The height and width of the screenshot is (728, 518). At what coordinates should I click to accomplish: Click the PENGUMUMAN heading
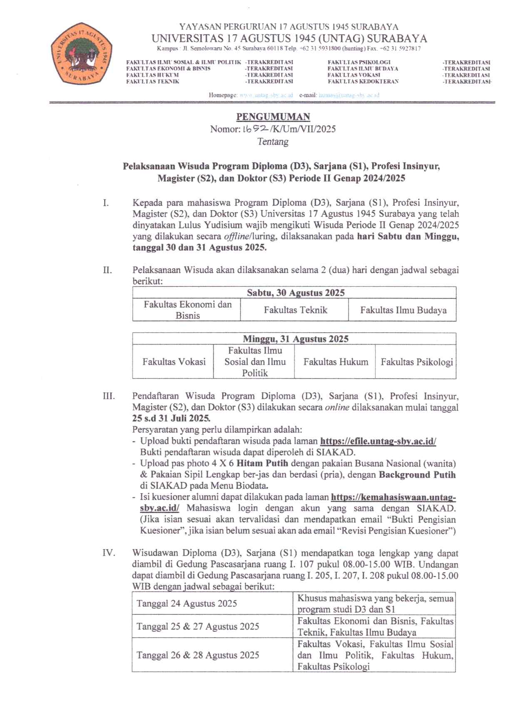pos(273,117)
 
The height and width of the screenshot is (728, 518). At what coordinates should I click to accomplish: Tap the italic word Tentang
pos(273,142)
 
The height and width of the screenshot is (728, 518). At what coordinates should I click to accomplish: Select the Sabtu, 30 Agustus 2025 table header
pos(295,293)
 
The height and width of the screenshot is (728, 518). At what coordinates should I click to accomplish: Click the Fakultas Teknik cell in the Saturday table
pos(295,310)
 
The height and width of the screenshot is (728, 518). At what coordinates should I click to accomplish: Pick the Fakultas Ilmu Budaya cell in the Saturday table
pos(403,310)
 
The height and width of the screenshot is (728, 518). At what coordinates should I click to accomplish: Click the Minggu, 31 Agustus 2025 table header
pos(295,339)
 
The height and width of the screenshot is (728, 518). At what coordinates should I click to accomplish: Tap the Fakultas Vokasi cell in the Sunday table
pos(174,362)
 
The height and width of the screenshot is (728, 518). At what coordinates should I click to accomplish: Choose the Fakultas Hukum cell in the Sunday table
pos(336,362)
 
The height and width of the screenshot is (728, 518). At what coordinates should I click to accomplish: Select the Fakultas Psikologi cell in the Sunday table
pos(416,362)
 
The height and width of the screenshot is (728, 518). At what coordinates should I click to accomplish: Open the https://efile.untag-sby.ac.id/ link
pos(378,441)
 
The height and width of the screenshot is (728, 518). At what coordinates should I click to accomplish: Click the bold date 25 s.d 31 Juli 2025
pos(171,419)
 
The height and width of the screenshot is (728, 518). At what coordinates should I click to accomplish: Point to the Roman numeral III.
pos(109,396)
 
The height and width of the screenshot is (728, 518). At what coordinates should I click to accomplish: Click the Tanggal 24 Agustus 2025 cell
pos(187,603)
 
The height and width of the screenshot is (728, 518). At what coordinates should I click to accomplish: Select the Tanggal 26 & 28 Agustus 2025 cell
pos(198,655)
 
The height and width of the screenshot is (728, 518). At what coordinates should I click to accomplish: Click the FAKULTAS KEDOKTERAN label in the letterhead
pos(363,82)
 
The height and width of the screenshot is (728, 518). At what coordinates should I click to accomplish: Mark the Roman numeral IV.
pos(109,553)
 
